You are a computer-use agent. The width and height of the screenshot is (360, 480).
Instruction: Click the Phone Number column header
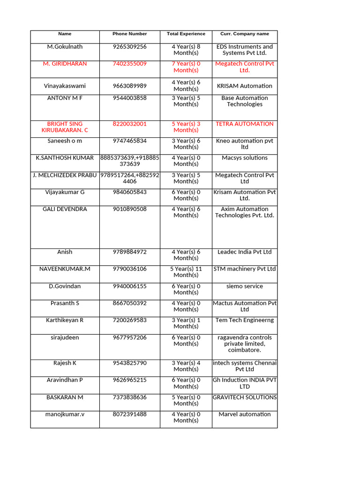tap(129, 34)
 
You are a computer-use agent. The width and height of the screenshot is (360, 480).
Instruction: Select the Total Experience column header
tap(186, 34)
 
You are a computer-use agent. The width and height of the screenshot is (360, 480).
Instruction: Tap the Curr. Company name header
tap(245, 34)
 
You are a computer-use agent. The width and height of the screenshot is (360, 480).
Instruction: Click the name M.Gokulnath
tap(65, 47)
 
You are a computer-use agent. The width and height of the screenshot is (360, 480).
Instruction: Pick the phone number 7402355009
tap(129, 64)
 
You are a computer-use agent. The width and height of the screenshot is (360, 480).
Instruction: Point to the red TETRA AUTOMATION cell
tap(245, 124)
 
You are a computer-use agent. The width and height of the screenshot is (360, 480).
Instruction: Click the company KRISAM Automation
tap(245, 86)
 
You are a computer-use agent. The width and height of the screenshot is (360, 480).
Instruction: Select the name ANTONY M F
tap(65, 98)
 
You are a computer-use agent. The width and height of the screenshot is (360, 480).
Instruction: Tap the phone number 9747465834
tap(129, 141)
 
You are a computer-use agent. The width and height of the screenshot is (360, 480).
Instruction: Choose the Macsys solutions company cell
tap(245, 158)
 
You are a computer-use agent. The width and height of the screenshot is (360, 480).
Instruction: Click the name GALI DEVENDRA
tap(65, 209)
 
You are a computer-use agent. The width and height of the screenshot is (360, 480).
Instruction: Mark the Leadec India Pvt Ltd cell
tap(245, 252)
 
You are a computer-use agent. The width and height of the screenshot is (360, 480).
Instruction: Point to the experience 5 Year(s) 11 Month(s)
tap(186, 272)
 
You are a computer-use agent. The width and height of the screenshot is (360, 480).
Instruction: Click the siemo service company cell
tap(245, 286)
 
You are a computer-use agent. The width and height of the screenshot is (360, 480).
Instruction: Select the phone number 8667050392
tap(129, 303)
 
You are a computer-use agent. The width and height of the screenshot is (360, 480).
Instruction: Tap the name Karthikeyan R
tap(65, 320)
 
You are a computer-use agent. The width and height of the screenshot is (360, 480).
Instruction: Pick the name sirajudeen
tap(65, 337)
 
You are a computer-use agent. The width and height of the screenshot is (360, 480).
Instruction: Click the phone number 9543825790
tap(129, 363)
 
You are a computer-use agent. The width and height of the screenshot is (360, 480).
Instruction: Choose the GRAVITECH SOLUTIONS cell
tap(245, 397)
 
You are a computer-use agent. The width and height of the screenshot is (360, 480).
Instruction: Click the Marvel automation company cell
tap(245, 414)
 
